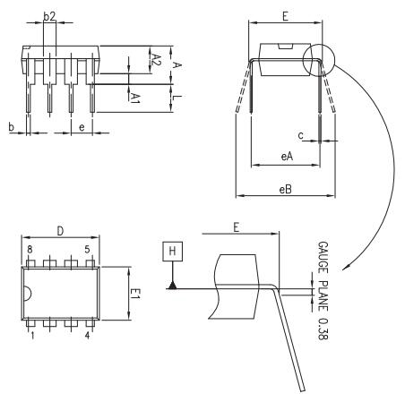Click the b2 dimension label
(x=50, y=16)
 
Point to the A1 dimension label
(x=135, y=94)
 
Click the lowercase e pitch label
(x=82, y=128)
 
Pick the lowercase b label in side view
(x=11, y=128)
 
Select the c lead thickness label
(x=301, y=135)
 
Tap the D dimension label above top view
(x=60, y=231)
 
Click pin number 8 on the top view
(x=30, y=250)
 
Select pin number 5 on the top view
(x=87, y=250)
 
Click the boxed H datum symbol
(x=170, y=252)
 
